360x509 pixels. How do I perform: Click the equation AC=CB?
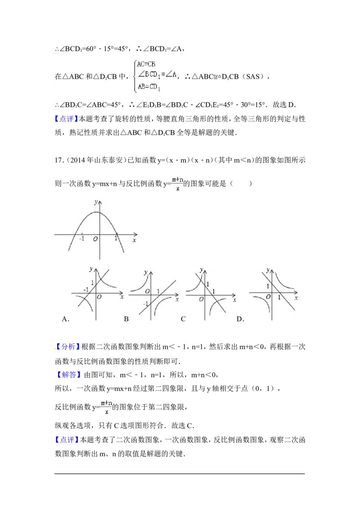(146, 64)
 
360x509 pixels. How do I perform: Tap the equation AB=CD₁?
(148, 87)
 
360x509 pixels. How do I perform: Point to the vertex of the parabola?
(99, 212)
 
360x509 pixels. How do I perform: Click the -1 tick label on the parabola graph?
(81, 238)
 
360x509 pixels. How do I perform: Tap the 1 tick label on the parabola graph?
(116, 238)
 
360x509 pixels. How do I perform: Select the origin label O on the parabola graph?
(95, 239)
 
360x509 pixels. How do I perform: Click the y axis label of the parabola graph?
(95, 202)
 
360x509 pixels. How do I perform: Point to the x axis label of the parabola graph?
(134, 241)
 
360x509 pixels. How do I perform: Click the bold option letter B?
(126, 319)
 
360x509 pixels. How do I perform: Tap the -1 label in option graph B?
(145, 304)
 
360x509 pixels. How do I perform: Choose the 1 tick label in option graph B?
(158, 291)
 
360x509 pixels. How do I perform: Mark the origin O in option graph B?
(147, 291)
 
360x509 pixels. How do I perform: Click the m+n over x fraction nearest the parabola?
(177, 184)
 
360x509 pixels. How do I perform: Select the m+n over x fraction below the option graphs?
(106, 406)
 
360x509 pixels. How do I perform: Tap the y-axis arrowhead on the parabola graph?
(99, 200)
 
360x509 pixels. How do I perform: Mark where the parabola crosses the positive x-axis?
(117, 235)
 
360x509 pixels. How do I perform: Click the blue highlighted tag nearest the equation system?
(66, 119)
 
